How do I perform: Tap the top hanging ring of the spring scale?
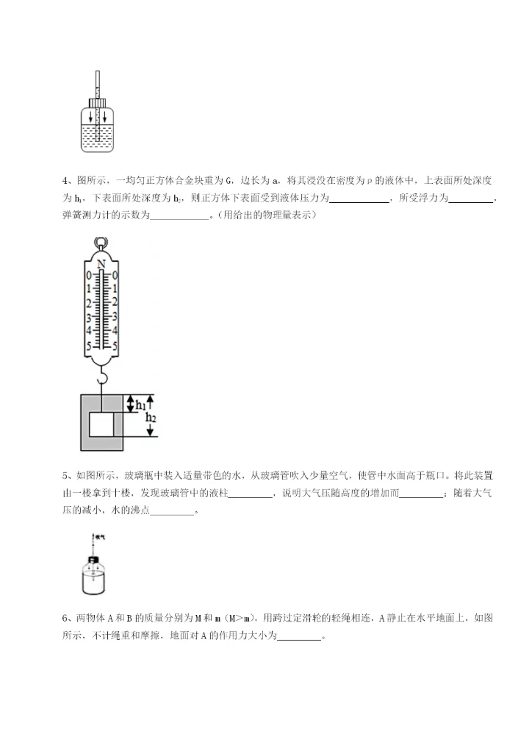[x=101, y=243]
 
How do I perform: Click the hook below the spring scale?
[x=102, y=379]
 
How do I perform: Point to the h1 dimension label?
[x=139, y=404]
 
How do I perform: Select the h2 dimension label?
[x=151, y=418]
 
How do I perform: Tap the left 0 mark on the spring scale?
[x=88, y=276]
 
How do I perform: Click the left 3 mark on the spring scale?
[x=88, y=318]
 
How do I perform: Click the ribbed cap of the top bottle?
[x=96, y=102]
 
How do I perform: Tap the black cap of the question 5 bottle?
[x=94, y=560]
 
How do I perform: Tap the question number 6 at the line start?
[x=65, y=617]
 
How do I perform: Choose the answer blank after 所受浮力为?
[x=470, y=199]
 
